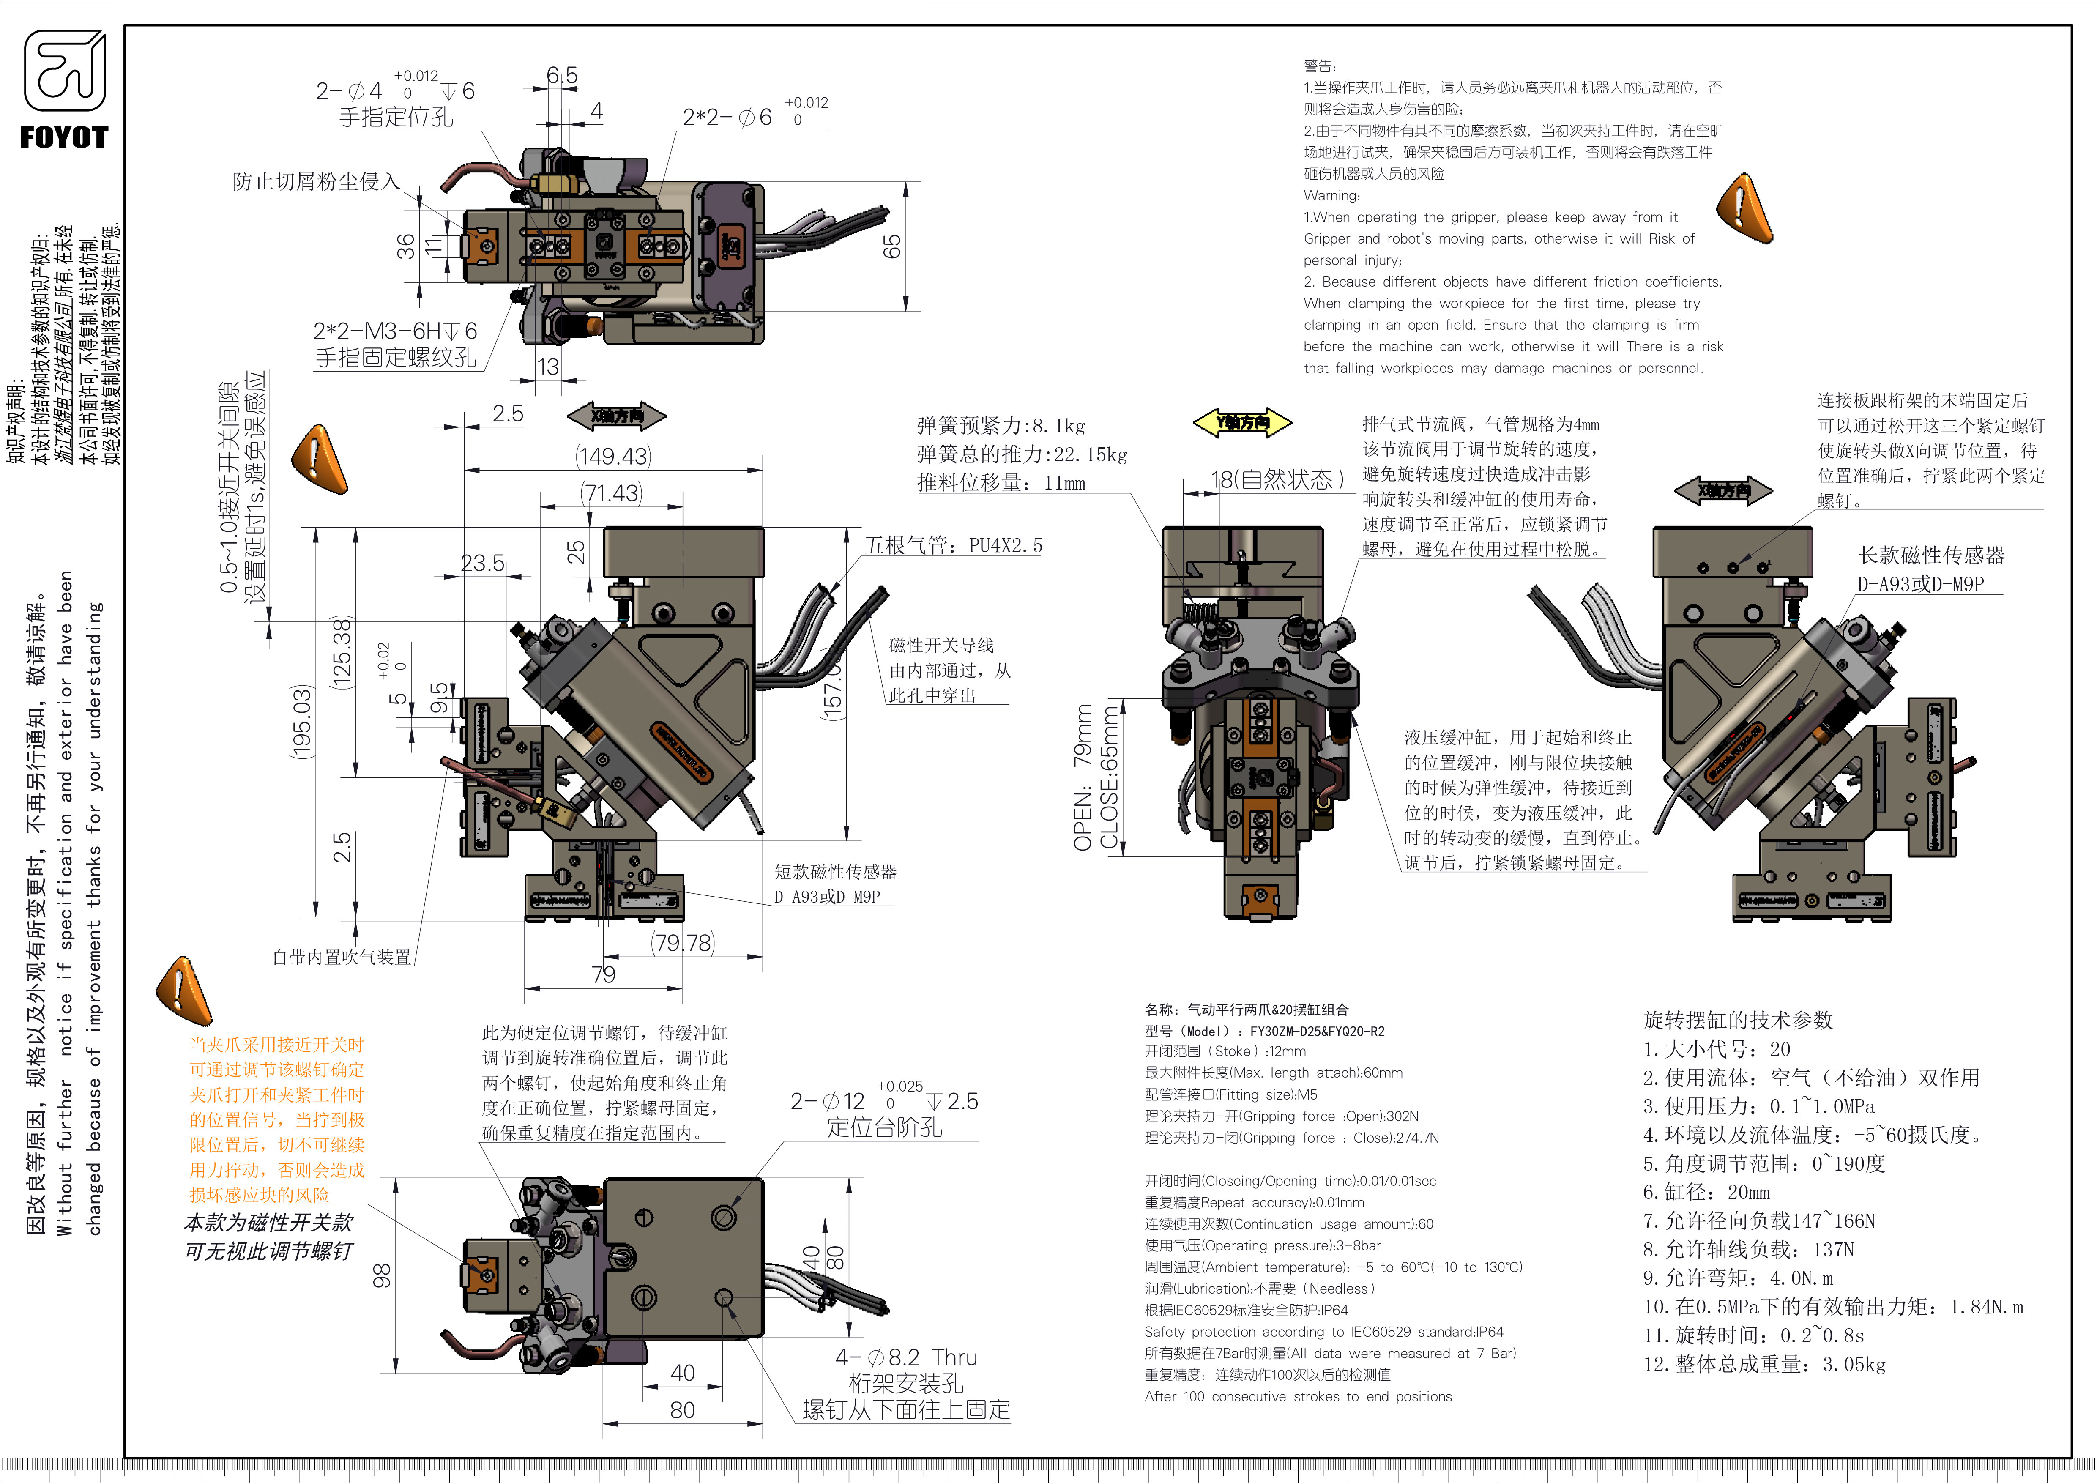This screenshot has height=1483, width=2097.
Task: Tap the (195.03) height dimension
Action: [x=301, y=721]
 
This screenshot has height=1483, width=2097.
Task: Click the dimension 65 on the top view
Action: [x=891, y=246]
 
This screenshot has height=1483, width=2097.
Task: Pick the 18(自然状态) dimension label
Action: [x=1277, y=479]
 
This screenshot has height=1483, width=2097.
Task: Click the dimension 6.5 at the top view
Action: [x=562, y=75]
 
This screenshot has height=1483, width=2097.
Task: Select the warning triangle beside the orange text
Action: [x=183, y=991]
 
